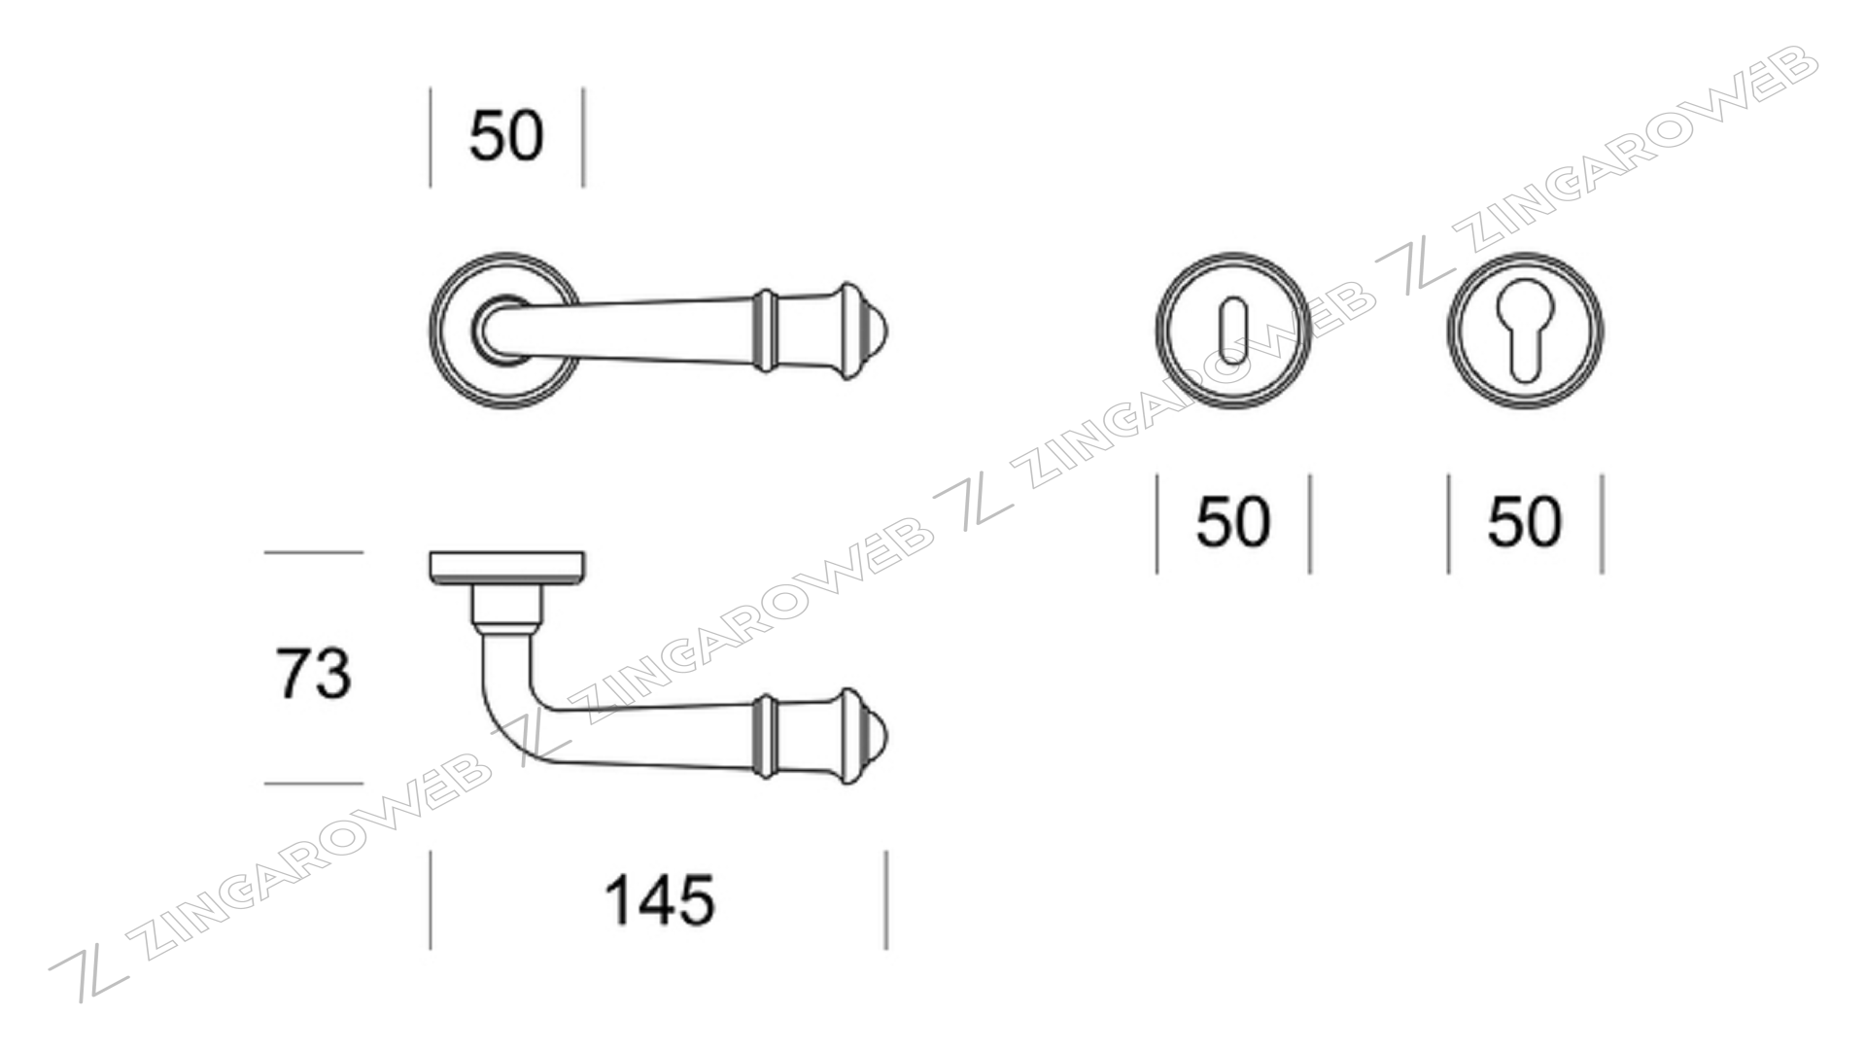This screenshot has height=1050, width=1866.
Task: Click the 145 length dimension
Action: click(660, 900)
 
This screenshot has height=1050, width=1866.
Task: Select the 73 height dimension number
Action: click(313, 673)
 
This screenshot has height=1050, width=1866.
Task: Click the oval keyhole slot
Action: click(1233, 330)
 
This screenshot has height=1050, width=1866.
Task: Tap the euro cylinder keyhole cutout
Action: click(1525, 331)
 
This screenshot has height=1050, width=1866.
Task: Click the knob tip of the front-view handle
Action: click(878, 332)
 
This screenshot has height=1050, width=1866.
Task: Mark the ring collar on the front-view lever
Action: click(766, 331)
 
